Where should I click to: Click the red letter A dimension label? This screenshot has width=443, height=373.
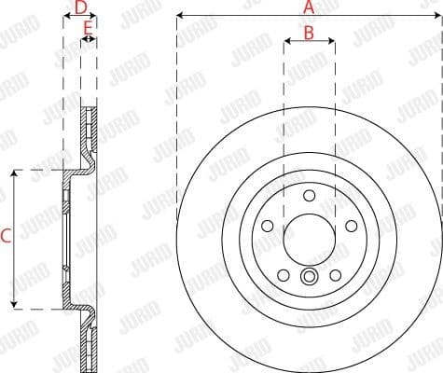tap(309, 7)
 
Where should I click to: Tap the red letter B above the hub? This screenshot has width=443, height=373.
tap(309, 33)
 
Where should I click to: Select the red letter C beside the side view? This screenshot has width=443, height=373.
tap(6, 237)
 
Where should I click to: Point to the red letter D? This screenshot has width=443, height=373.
tap(80, 7)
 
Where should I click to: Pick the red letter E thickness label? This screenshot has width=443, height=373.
tap(88, 29)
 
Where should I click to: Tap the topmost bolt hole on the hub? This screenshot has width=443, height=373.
tap(309, 196)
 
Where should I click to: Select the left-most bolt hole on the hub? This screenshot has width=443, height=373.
tap(269, 226)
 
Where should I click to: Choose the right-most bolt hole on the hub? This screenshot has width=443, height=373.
tap(349, 226)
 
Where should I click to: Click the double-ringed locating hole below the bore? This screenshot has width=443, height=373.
tap(309, 276)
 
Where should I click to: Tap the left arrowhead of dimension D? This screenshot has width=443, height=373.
tap(66, 18)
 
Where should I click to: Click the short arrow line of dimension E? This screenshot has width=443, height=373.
tap(88, 41)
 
